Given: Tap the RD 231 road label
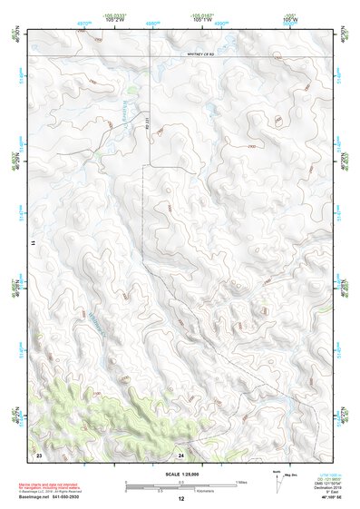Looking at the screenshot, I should [146, 132].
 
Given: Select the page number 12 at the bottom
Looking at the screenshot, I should [180, 499].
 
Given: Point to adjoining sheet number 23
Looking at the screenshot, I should [39, 454].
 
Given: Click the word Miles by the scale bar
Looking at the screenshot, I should [241, 481].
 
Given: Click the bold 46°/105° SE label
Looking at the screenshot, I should [311, 498].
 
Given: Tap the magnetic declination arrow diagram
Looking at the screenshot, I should [278, 483].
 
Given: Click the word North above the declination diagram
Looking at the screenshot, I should [275, 473].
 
